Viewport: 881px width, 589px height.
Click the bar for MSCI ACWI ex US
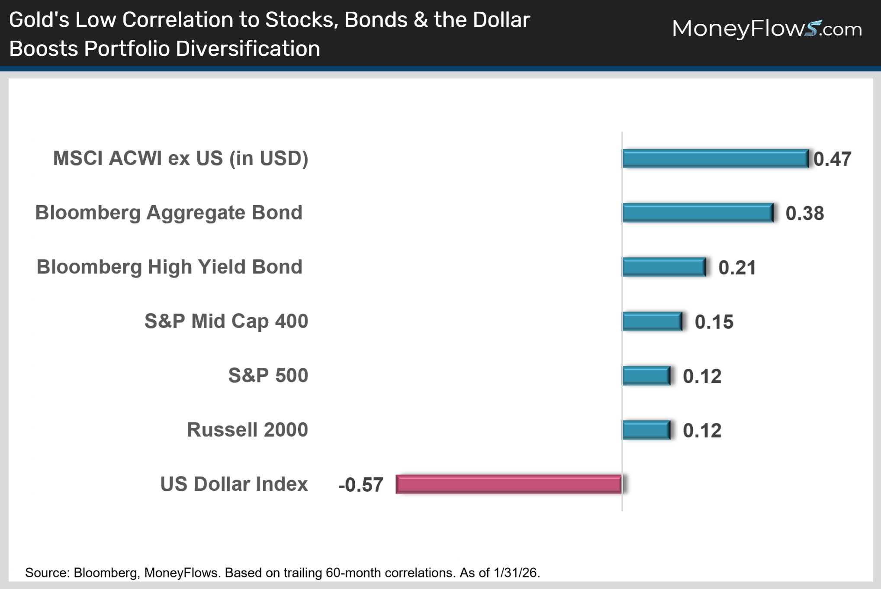click(715, 158)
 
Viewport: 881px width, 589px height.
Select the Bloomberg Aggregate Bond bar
click(698, 213)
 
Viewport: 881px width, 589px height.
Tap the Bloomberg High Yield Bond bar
click(664, 267)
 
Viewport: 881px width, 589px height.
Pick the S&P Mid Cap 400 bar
click(652, 321)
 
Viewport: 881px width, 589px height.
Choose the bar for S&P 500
click(646, 376)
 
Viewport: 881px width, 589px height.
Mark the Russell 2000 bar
click(646, 430)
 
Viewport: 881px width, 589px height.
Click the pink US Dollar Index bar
click(509, 484)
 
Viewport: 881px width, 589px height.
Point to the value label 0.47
click(832, 159)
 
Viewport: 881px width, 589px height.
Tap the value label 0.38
click(804, 213)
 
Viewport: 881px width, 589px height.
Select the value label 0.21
click(737, 267)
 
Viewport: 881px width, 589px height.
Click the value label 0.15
click(714, 322)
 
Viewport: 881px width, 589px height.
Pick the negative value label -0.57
click(361, 485)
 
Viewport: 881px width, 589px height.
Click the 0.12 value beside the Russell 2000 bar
click(702, 431)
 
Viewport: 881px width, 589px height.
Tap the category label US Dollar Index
click(234, 484)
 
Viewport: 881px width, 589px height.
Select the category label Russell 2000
click(247, 430)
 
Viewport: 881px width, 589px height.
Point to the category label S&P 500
click(268, 375)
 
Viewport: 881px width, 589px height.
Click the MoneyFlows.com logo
click(767, 29)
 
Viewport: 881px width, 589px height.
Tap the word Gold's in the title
click(39, 20)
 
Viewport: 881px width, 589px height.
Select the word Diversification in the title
click(248, 48)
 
